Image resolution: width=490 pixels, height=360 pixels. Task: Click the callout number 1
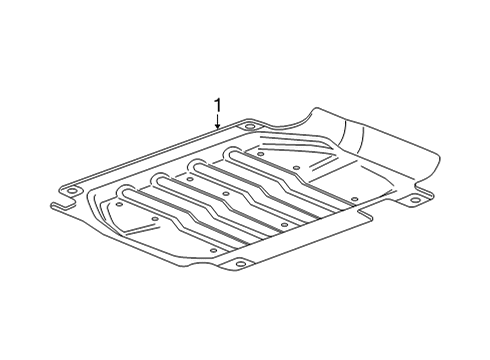click(217, 104)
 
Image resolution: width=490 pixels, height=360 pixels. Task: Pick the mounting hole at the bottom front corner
click(240, 264)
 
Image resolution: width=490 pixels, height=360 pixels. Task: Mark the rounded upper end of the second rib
click(159, 178)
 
